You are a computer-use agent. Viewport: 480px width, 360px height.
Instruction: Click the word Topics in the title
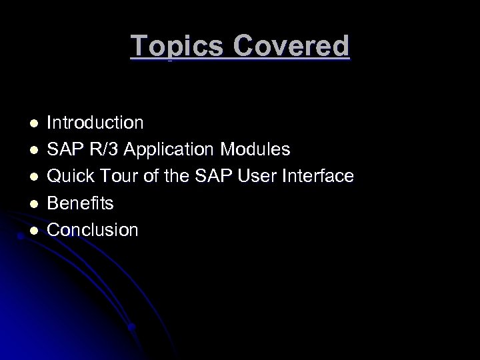click(175, 46)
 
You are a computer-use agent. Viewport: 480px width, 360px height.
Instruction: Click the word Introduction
click(95, 123)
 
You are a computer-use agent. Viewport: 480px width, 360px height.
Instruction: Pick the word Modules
click(257, 149)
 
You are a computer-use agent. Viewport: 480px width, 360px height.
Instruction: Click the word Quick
click(71, 177)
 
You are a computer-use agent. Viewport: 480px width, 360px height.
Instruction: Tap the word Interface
click(321, 177)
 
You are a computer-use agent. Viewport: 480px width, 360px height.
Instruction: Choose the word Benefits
click(80, 203)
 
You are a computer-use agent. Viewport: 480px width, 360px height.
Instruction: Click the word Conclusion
click(93, 230)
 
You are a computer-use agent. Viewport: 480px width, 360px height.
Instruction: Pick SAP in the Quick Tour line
click(211, 177)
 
